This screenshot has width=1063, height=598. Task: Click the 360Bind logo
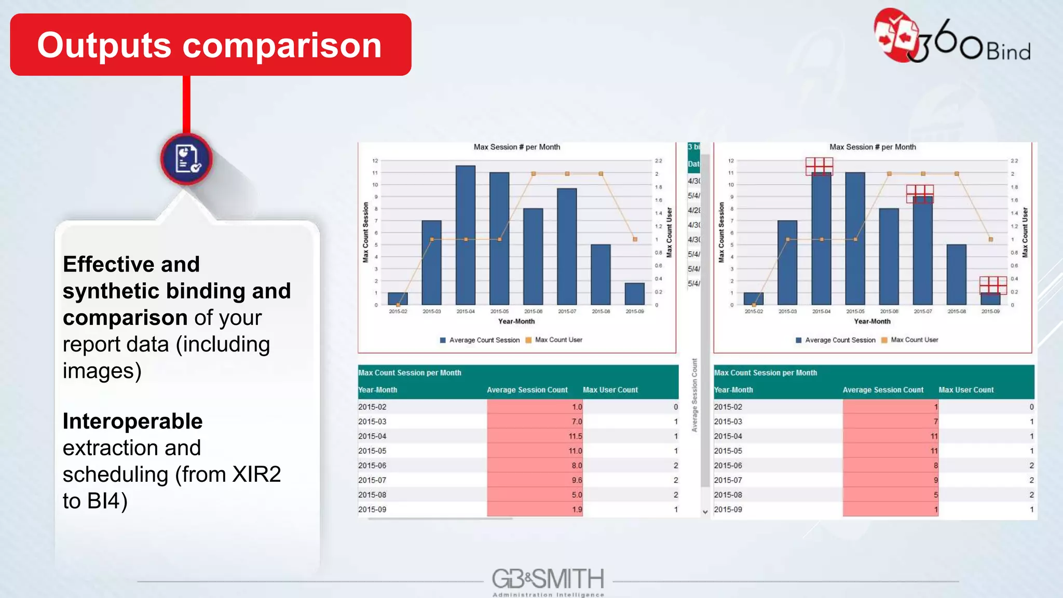952,37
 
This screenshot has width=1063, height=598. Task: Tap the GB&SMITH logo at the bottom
548,581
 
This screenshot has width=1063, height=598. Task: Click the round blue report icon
186,159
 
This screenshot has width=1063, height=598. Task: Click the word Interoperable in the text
132,421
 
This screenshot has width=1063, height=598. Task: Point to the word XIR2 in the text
256,474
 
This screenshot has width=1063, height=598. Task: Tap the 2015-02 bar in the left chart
398,298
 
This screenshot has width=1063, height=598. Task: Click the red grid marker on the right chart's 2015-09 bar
993,285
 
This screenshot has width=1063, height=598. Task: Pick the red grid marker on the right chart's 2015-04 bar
819,166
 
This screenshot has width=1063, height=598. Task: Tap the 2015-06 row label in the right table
728,466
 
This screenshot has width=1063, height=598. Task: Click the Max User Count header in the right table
966,390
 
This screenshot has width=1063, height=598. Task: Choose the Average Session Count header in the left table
527,390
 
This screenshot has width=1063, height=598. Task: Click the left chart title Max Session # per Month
516,147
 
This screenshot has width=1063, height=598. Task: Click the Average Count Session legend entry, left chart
480,340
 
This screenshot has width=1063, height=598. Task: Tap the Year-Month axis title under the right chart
872,321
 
